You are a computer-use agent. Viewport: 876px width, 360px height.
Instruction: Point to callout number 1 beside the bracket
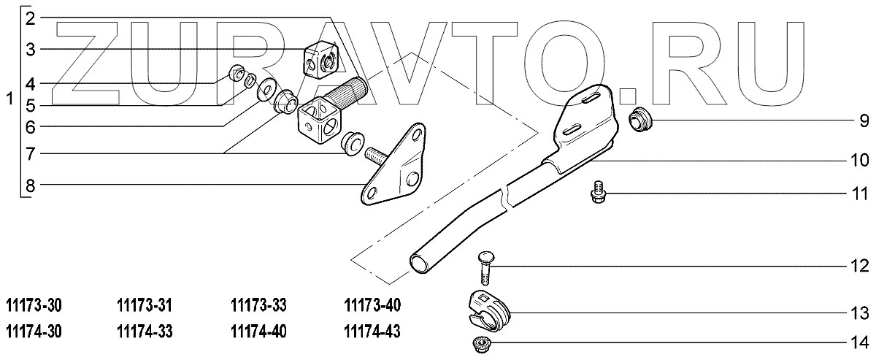(9, 99)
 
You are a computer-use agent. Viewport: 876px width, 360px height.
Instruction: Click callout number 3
(31, 50)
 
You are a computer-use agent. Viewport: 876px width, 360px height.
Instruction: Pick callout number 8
(31, 185)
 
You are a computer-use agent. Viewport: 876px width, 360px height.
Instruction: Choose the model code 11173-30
(34, 305)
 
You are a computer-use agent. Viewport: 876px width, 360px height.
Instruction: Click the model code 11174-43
(372, 331)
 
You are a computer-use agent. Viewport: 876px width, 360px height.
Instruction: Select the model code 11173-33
(259, 305)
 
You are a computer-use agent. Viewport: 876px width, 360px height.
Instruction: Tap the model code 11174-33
(145, 331)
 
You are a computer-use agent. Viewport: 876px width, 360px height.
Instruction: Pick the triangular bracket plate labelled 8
(394, 164)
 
